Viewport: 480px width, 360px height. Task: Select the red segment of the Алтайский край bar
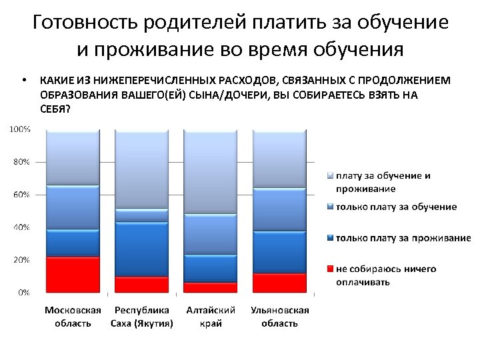(211, 287)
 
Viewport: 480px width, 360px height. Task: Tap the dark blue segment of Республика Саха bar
(141, 249)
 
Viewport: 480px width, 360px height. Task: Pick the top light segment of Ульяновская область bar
(279, 159)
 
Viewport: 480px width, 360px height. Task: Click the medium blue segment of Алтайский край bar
(211, 234)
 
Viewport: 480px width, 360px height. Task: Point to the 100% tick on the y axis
(19, 129)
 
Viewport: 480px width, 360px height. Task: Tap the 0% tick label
(23, 292)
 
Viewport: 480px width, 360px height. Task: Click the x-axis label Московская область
(73, 317)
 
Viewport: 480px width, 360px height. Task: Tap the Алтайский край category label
(211, 317)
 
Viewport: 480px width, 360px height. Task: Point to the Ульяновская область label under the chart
(279, 317)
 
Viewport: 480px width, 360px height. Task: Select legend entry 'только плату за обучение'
(396, 207)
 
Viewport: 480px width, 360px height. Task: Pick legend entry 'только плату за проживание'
(403, 238)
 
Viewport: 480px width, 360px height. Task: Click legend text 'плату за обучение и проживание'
(383, 182)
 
